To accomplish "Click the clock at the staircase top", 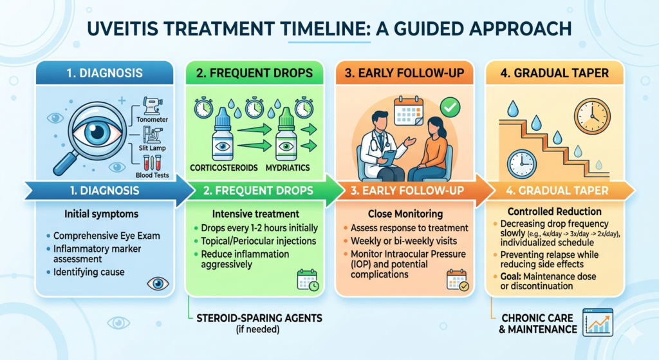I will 591,117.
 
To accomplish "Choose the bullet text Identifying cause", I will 93,272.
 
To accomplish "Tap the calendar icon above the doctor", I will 408,112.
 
